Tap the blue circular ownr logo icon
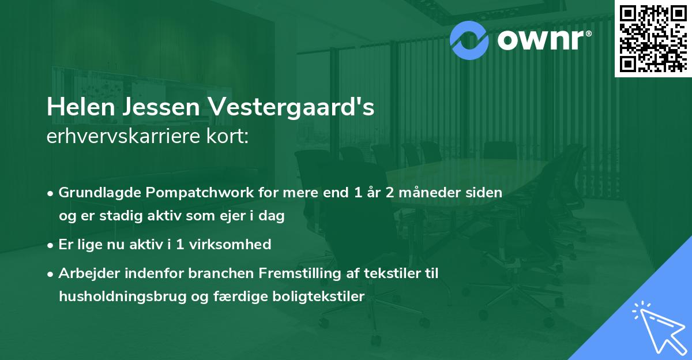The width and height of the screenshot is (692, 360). coord(469,40)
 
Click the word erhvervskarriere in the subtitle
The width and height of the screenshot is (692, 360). coord(121,137)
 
